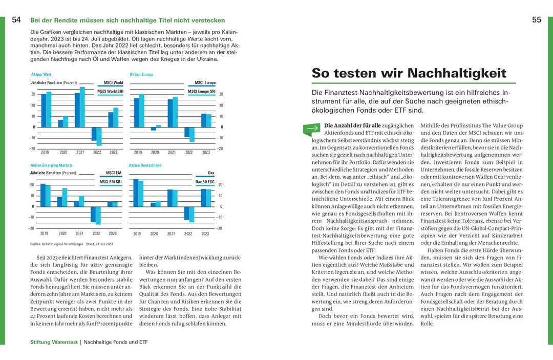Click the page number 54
pos(16,20)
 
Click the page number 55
pos(536,20)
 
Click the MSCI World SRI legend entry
pos(110,91)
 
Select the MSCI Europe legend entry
pos(205,82)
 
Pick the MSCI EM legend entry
pos(114,173)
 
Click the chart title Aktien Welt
pos(41,74)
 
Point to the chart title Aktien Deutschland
pos(145,165)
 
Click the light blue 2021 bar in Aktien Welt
pos(82,107)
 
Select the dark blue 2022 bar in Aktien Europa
pos(187,132)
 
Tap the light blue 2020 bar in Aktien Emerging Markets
pos(65,197)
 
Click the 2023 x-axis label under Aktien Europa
pos(206,152)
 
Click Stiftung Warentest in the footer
pos(53,341)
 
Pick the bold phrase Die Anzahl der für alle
pos(352,125)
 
